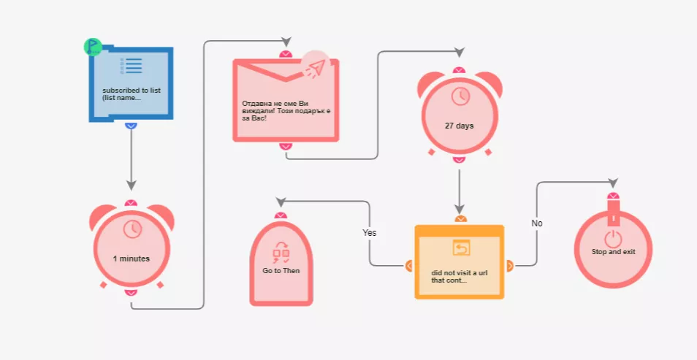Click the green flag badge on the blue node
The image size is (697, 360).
tap(93, 47)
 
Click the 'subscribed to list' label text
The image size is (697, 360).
tap(132, 91)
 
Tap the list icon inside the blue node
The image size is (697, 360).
tap(131, 66)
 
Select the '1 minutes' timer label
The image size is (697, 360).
tap(131, 258)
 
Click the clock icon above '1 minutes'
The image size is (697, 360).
tap(132, 229)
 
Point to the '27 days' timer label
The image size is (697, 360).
tap(459, 126)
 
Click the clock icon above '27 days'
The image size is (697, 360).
tap(460, 96)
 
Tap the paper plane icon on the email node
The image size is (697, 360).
tap(316, 67)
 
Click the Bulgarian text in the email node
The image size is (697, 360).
tap(286, 111)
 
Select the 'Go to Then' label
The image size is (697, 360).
tap(281, 271)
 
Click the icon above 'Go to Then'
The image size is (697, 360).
tap(281, 253)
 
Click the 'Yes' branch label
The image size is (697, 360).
tap(370, 232)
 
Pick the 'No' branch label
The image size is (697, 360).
tap(537, 223)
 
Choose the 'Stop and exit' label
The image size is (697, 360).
tap(614, 251)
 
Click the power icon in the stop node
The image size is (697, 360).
tap(614, 239)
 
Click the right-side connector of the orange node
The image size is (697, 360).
tap(510, 266)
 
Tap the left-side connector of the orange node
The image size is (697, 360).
tap(409, 266)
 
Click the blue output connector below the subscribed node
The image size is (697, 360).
tap(131, 126)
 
